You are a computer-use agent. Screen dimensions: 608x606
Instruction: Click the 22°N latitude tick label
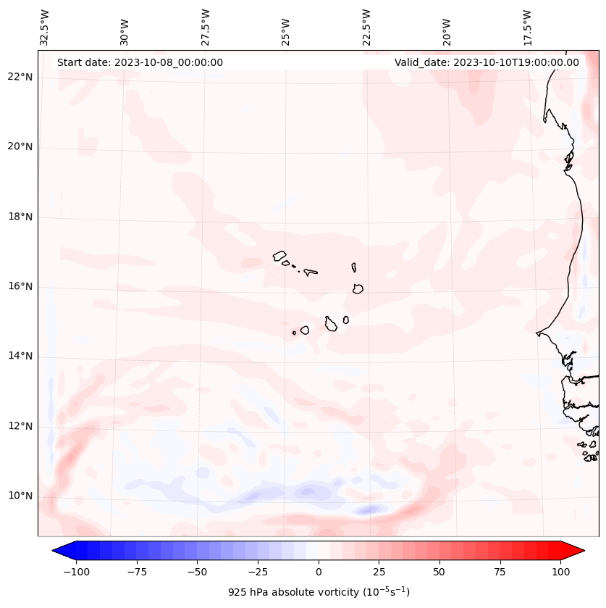tap(20, 78)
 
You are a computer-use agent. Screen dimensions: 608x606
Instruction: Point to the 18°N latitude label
tap(20, 217)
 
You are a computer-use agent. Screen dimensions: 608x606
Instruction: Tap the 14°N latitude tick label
tap(20, 356)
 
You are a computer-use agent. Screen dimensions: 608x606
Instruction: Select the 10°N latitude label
tap(20, 496)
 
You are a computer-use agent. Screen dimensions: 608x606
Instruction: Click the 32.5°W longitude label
tap(45, 28)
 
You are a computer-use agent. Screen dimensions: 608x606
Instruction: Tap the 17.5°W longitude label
tap(527, 28)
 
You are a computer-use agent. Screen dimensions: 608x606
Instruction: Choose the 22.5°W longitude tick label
tap(366, 28)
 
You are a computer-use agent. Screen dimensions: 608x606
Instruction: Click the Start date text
tap(140, 62)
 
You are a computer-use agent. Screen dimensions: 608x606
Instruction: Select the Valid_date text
tap(487, 62)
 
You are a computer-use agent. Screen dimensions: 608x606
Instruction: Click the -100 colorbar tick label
tap(76, 572)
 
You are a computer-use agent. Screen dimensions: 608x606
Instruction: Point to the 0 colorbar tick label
tap(318, 572)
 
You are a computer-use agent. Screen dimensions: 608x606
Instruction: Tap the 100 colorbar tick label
tap(560, 572)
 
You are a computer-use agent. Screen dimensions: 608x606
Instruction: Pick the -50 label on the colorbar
tap(197, 572)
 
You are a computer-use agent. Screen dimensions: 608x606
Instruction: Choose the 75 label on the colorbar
tap(500, 572)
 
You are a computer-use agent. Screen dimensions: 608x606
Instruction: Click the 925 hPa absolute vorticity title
tap(319, 592)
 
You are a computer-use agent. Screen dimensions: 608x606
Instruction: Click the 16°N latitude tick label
tap(20, 286)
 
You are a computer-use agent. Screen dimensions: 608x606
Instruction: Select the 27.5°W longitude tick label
tap(206, 28)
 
